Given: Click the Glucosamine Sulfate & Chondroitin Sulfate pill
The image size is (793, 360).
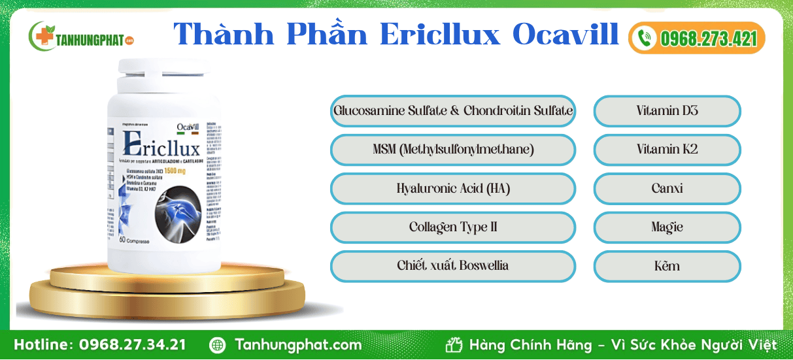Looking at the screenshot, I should pos(452,110).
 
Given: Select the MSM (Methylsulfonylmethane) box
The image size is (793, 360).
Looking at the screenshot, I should pos(452,150).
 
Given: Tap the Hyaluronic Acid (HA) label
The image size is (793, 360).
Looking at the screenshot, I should pos(452,189).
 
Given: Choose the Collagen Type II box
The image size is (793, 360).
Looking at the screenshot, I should pos(452,227).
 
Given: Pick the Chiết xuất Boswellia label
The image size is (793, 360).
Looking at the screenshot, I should pos(452,266).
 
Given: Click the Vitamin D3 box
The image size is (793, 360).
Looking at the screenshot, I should pos(667,110).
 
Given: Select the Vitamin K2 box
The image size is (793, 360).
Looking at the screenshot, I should pos(667,150).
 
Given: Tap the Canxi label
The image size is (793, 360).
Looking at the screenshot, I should pos(667,189).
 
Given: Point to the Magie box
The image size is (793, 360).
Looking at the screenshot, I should pos(667,227).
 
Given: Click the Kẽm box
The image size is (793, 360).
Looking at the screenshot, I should pos(667,266).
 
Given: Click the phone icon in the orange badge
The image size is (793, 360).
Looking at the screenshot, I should pos(645,38).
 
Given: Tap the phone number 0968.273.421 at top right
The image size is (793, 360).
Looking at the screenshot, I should pos(707,39).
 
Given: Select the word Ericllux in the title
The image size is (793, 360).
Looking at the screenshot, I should pos(441,35).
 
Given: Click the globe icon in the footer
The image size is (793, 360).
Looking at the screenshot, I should pos(218,345).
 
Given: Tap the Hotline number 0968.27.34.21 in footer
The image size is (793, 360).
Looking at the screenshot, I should pos(132,345).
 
